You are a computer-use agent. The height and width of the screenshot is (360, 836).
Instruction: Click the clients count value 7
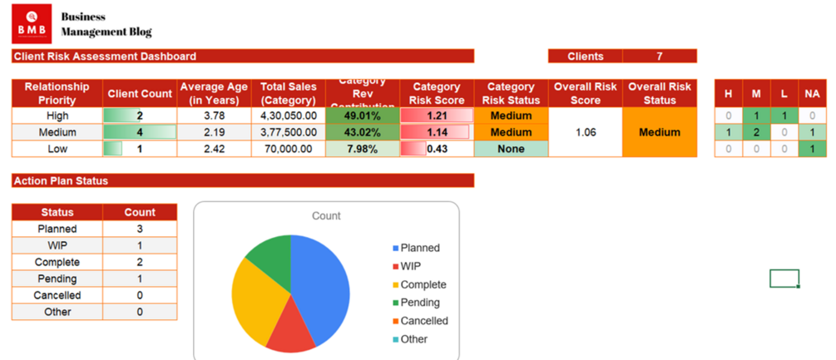[x=660, y=57]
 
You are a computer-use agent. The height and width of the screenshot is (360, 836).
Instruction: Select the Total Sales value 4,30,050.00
[x=289, y=116]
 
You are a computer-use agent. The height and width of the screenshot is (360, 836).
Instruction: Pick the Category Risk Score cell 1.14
[x=437, y=132]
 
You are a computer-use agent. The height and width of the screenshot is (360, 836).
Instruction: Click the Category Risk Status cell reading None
[x=511, y=149]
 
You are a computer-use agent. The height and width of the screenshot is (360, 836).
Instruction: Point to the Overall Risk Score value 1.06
[x=585, y=132]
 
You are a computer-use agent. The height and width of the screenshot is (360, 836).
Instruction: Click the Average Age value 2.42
[x=214, y=149]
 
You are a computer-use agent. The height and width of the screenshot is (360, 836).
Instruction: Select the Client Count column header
[x=140, y=94]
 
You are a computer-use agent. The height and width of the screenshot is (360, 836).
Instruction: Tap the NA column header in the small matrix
[x=812, y=94]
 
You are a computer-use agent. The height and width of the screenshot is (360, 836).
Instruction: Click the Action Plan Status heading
[x=61, y=180]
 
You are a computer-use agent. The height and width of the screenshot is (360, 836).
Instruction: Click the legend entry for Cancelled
[x=423, y=321]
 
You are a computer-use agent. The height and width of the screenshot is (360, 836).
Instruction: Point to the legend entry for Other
[x=413, y=339]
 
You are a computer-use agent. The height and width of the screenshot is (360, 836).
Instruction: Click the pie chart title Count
[x=326, y=215]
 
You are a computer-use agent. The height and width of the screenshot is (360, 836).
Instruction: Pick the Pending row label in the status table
[x=57, y=279]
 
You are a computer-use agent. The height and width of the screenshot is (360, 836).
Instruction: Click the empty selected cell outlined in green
[x=784, y=279]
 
